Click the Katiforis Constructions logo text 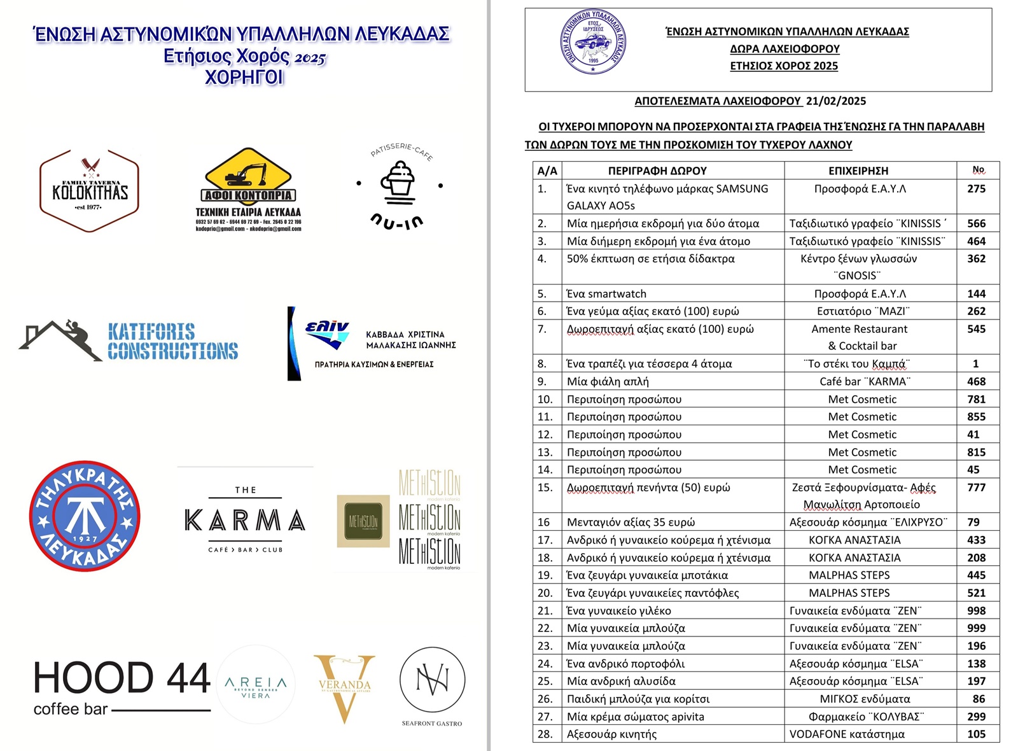pos(172,342)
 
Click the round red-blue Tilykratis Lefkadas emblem pos(85,516)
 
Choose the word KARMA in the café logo pos(245,521)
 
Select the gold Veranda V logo pos(344,687)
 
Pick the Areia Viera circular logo pos(256,685)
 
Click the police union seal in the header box pos(593,42)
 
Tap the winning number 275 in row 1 pos(976,189)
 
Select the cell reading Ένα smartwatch pos(606,293)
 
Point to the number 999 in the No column pos(976,628)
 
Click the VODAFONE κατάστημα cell pos(847,734)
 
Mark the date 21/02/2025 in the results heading pos(835,101)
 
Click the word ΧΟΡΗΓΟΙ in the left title pos(244,78)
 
